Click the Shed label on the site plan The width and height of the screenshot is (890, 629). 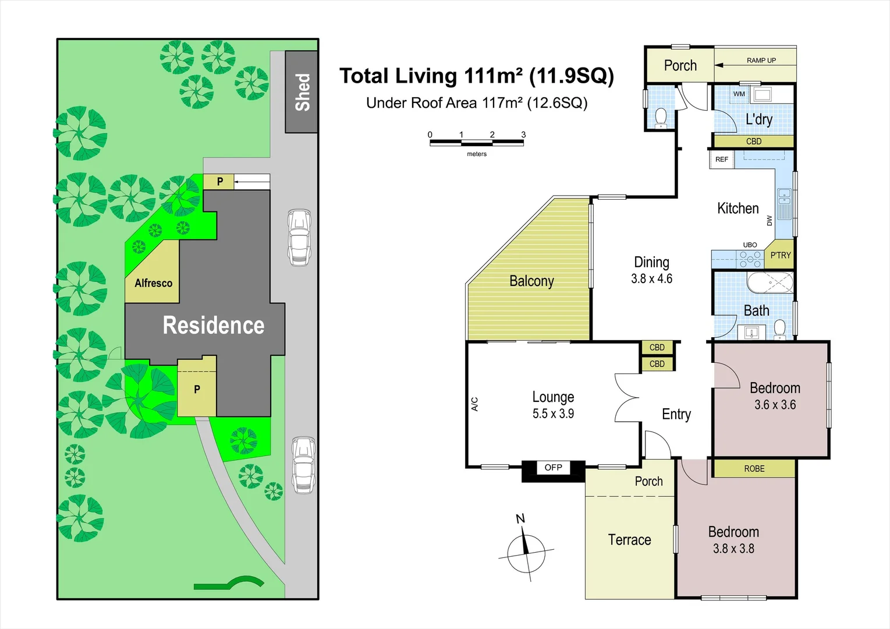(302, 92)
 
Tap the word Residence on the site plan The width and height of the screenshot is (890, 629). (214, 325)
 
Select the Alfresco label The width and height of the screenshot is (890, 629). (153, 283)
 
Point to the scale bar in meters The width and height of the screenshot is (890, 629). (476, 142)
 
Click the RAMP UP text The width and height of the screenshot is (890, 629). (761, 61)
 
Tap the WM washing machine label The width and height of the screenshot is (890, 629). (739, 94)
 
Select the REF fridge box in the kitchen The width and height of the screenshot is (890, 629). (722, 159)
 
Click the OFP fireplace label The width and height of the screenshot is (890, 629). (553, 468)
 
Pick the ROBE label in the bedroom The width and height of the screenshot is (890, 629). (754, 469)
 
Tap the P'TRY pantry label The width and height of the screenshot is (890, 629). (780, 255)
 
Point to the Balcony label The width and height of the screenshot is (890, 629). (531, 281)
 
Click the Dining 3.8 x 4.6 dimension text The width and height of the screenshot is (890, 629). (651, 279)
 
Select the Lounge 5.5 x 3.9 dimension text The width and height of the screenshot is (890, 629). (553, 414)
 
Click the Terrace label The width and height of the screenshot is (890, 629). (629, 540)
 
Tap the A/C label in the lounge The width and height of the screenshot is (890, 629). (474, 404)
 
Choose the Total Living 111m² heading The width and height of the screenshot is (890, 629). (476, 76)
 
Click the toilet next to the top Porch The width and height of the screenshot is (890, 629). (661, 116)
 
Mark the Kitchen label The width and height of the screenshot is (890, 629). (737, 209)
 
